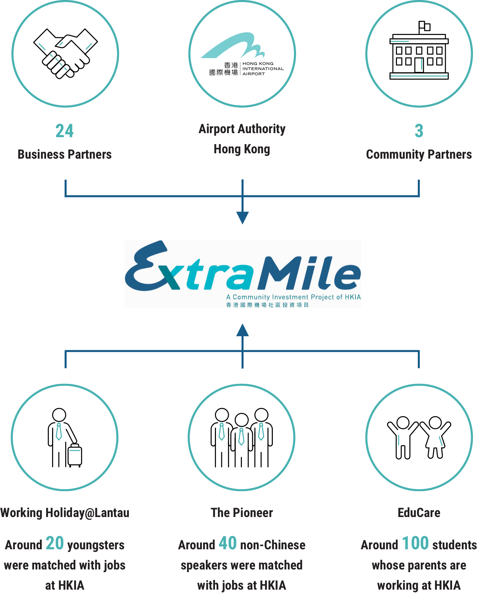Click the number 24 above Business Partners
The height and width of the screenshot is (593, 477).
64,131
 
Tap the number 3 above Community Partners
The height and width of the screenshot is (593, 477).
419,131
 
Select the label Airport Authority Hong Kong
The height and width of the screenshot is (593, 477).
242,139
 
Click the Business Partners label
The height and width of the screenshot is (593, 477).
65,154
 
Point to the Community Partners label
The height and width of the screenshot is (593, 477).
419,154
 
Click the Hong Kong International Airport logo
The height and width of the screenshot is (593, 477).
242,54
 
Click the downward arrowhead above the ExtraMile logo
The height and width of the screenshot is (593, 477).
242,218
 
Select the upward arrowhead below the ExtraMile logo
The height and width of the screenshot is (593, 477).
242,330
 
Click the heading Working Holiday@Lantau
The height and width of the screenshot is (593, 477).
65,513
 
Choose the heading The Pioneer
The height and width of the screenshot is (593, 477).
242,513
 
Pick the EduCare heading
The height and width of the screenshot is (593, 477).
419,513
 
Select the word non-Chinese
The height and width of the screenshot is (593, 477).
273,545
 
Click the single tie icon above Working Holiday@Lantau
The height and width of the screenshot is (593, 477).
59,431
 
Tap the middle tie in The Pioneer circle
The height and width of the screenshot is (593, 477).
241,436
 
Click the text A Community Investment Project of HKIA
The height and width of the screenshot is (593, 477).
293,297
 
